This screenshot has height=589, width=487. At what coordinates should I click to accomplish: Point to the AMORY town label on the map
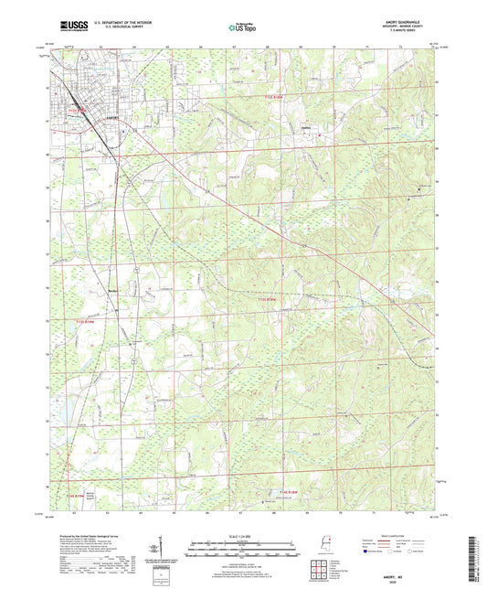(x=111, y=118)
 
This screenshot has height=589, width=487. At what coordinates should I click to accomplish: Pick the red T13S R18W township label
(x=265, y=297)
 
